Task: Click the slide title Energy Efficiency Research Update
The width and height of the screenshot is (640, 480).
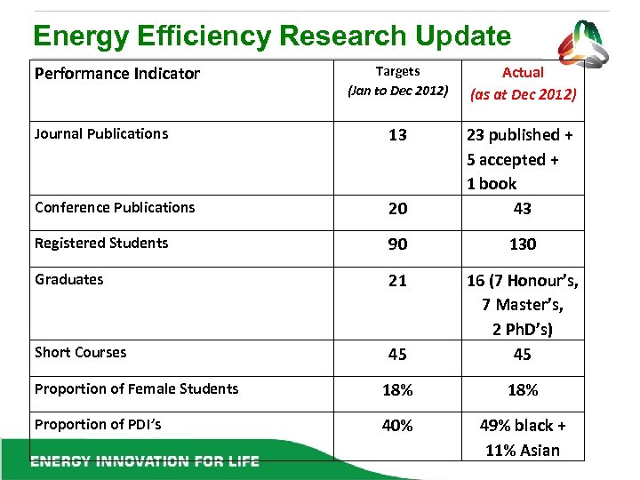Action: pyautogui.click(x=271, y=36)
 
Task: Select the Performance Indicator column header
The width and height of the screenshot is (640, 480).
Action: pyautogui.click(x=116, y=74)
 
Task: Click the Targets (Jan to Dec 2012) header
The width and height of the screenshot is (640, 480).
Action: pyautogui.click(x=397, y=81)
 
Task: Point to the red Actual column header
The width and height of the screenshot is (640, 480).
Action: pyautogui.click(x=523, y=83)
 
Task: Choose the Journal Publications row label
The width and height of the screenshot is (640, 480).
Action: pyautogui.click(x=101, y=134)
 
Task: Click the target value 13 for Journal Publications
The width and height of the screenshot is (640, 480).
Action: pyautogui.click(x=397, y=135)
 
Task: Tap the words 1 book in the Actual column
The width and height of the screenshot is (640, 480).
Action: pyautogui.click(x=492, y=184)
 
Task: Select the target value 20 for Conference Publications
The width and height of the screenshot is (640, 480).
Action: pyautogui.click(x=397, y=208)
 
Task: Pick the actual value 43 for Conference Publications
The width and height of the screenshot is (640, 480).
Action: pyautogui.click(x=523, y=208)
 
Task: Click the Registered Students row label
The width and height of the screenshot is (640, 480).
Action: pyautogui.click(x=101, y=244)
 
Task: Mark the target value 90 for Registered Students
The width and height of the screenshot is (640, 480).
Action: pyautogui.click(x=397, y=244)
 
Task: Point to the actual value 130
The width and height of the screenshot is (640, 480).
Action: pyautogui.click(x=523, y=244)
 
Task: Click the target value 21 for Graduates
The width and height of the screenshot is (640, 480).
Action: pyautogui.click(x=397, y=281)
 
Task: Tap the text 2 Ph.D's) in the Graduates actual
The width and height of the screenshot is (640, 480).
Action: pyautogui.click(x=523, y=330)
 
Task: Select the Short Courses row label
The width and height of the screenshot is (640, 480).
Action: pyautogui.click(x=81, y=353)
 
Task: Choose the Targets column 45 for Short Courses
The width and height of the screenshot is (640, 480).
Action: pyautogui.click(x=397, y=354)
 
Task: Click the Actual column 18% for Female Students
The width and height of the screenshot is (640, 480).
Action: pyautogui.click(x=523, y=390)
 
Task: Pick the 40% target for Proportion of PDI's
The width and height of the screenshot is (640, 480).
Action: pyautogui.click(x=397, y=426)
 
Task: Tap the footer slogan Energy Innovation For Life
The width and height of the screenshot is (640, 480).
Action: pyautogui.click(x=145, y=461)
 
